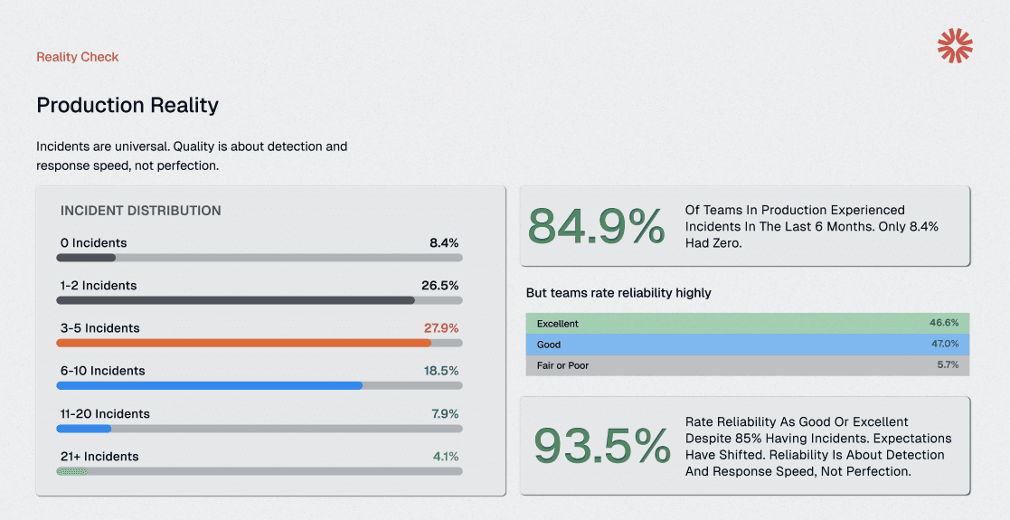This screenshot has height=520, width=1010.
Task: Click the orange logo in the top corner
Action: pyautogui.click(x=955, y=46)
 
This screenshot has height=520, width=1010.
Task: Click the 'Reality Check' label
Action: pyautogui.click(x=78, y=57)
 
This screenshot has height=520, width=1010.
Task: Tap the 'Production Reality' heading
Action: pyautogui.click(x=127, y=106)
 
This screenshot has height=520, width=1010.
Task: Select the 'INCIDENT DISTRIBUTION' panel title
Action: pyautogui.click(x=141, y=211)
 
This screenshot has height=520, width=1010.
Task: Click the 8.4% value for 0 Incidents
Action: pyautogui.click(x=444, y=243)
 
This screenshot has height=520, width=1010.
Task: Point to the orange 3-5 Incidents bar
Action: pyautogui.click(x=243, y=343)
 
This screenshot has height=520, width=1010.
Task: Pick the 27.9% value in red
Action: pyautogui.click(x=441, y=328)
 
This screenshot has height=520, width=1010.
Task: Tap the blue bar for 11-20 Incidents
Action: pyautogui.click(x=84, y=429)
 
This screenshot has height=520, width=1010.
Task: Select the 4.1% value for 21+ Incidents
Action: pyautogui.click(x=445, y=457)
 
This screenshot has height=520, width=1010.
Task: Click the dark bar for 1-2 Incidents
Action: pyautogui.click(x=235, y=300)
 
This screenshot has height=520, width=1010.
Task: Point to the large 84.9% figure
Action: pyautogui.click(x=596, y=226)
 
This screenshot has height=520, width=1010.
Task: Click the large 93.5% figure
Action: pyautogui.click(x=601, y=446)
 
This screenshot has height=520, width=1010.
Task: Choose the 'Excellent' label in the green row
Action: pyautogui.click(x=558, y=324)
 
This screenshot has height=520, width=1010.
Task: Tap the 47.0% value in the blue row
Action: pyautogui.click(x=944, y=345)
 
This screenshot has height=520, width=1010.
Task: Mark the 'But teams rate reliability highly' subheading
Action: pyautogui.click(x=618, y=293)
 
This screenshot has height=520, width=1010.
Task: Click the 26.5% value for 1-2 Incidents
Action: pyautogui.click(x=439, y=286)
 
